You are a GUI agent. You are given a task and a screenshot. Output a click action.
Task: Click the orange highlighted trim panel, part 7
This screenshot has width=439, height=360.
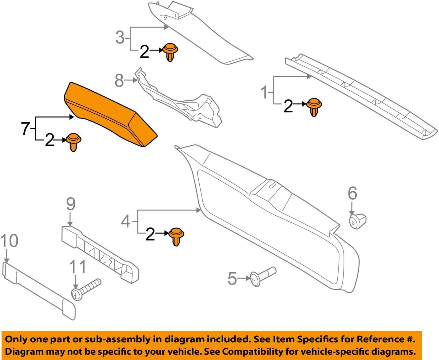click(x=109, y=115)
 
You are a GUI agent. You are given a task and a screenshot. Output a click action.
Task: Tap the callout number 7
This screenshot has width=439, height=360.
click(x=25, y=128)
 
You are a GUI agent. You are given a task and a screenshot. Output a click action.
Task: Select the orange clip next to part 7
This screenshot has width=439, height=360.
click(x=73, y=142)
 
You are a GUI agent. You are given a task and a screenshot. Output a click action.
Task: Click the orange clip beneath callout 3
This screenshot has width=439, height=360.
click(x=170, y=52)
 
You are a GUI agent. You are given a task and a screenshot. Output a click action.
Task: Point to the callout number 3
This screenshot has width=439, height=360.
click(x=120, y=37)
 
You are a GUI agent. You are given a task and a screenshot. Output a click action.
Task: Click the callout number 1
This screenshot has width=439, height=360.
click(x=264, y=92)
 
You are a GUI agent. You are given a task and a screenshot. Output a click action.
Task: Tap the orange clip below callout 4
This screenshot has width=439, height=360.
click(x=176, y=236)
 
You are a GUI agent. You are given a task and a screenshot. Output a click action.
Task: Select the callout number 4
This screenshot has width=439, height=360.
click(x=126, y=221)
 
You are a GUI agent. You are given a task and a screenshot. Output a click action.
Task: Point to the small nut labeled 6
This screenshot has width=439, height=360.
click(x=357, y=221)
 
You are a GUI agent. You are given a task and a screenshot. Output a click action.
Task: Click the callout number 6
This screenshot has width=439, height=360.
click(x=352, y=193)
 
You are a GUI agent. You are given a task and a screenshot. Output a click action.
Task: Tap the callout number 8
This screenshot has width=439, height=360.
click(x=119, y=80)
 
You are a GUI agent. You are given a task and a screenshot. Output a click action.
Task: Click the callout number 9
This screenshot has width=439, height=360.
click(x=71, y=204)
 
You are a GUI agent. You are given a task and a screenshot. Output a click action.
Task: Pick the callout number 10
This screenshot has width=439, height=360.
click(x=9, y=241)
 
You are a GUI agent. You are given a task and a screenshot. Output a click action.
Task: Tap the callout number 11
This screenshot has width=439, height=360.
click(x=77, y=267)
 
